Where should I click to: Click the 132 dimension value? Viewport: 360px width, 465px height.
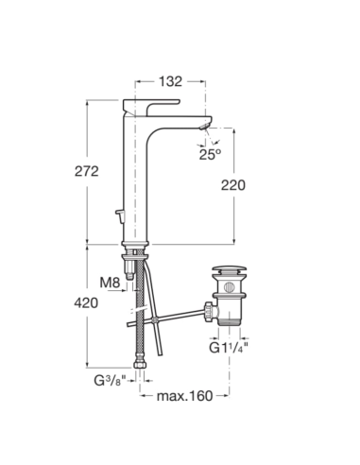(170, 81)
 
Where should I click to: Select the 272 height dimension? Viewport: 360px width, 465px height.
(86, 171)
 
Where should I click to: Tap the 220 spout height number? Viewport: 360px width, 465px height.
(233, 185)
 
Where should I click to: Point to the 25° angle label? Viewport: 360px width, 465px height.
(210, 154)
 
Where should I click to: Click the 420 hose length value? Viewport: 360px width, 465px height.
(86, 303)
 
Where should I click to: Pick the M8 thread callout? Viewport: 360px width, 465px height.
(110, 283)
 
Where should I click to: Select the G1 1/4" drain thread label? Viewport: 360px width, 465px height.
(229, 348)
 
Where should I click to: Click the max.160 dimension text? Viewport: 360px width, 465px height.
(185, 396)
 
